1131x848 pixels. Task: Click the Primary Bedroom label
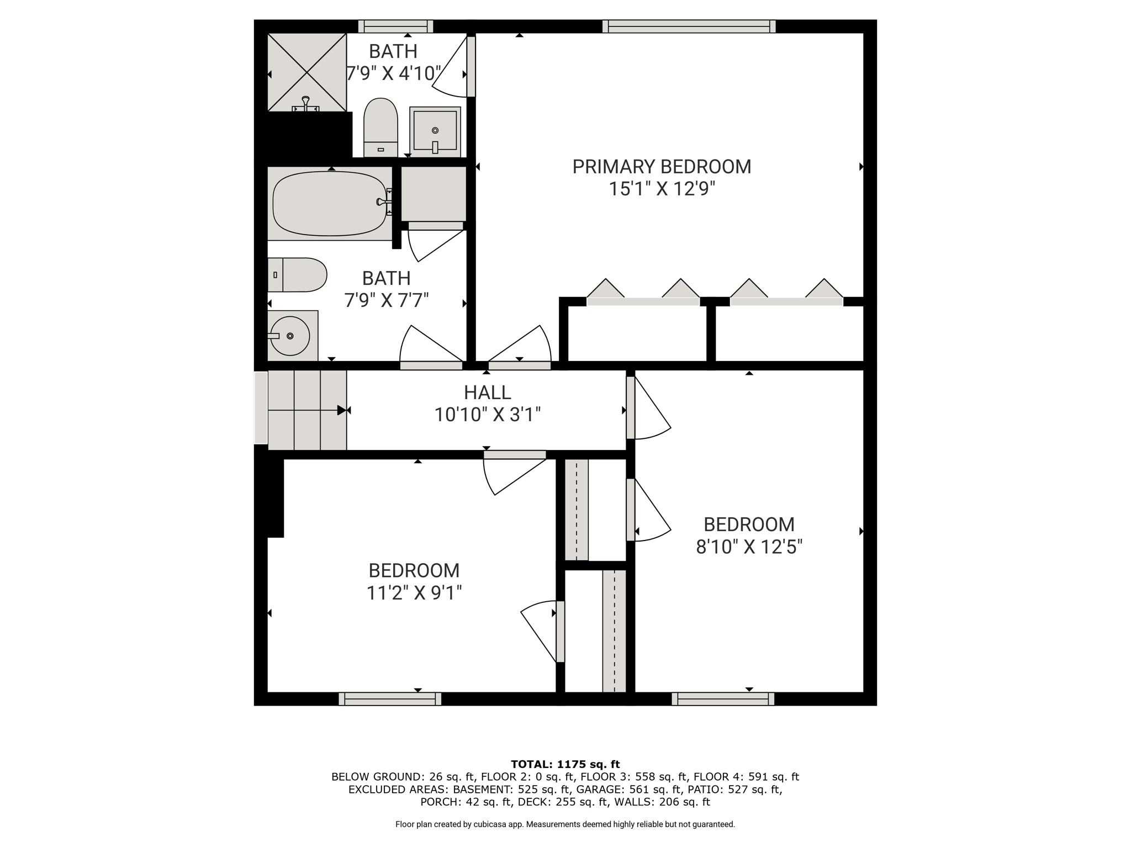pos(662,167)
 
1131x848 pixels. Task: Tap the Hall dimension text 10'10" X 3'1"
pos(487,415)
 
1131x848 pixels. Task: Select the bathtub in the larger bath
pos(330,203)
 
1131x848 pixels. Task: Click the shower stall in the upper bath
pos(307,72)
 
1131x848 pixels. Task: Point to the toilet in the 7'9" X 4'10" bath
pos(380,128)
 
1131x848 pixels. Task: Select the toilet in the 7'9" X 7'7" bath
pos(297,275)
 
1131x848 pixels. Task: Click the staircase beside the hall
pos(307,410)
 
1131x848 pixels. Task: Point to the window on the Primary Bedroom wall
pos(689,26)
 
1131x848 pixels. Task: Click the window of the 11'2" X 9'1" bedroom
pos(390,699)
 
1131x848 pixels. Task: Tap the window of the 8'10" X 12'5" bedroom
pos(723,699)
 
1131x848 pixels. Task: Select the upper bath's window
pos(395,26)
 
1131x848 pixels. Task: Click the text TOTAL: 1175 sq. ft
pos(565,765)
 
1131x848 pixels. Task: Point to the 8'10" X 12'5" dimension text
pos(749,547)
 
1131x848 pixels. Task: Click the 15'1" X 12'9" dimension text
pos(662,189)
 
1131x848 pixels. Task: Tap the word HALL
pos(487,393)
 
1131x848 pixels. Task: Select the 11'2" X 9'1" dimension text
pos(414,593)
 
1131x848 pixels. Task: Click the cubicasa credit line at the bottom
pos(565,824)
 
